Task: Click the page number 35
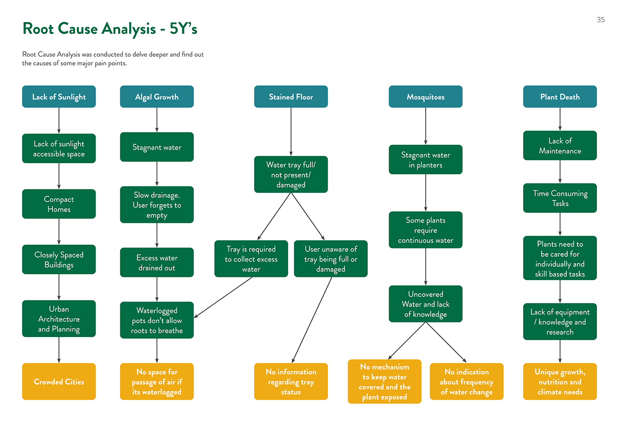click(600, 20)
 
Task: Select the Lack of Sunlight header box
click(59, 97)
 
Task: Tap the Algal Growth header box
click(157, 97)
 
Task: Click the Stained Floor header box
click(291, 97)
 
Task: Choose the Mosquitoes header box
click(425, 97)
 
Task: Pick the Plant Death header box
click(560, 97)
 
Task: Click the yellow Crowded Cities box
click(59, 381)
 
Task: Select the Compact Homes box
click(59, 204)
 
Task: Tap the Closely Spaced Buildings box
click(59, 260)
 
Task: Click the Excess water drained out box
click(157, 262)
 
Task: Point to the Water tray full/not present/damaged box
click(291, 174)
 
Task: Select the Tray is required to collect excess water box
click(251, 259)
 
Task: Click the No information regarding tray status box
click(291, 381)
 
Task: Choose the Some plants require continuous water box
click(425, 230)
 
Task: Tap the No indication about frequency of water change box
click(466, 381)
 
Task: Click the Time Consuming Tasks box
click(560, 198)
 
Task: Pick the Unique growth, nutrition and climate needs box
click(560, 381)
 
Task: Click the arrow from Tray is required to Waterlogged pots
click(223, 297)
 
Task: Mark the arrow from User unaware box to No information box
click(312, 320)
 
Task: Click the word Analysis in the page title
click(129, 29)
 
